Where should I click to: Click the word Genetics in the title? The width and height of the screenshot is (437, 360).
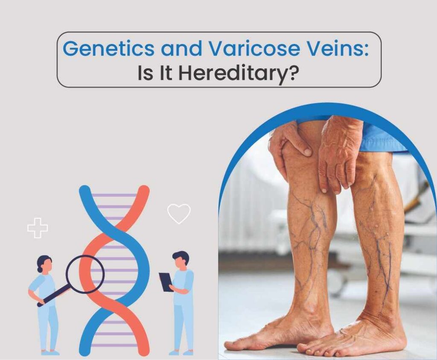click(108, 48)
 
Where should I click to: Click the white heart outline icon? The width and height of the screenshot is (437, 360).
click(179, 214)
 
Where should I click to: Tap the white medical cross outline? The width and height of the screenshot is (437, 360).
click(38, 228)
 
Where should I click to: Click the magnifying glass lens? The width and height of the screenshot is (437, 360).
click(85, 274)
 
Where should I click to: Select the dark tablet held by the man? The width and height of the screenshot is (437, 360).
click(166, 282)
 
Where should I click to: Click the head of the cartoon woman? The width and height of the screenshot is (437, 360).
click(44, 264)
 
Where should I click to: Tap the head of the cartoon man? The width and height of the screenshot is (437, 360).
click(181, 260)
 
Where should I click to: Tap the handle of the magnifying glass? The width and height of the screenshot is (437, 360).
click(54, 297)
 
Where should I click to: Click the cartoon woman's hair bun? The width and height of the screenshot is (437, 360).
click(40, 270)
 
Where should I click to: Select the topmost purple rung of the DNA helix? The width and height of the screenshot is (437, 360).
click(114, 195)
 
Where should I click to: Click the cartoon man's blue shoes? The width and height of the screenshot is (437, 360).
click(181, 352)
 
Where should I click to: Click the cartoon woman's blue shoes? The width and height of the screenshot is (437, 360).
click(50, 352)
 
